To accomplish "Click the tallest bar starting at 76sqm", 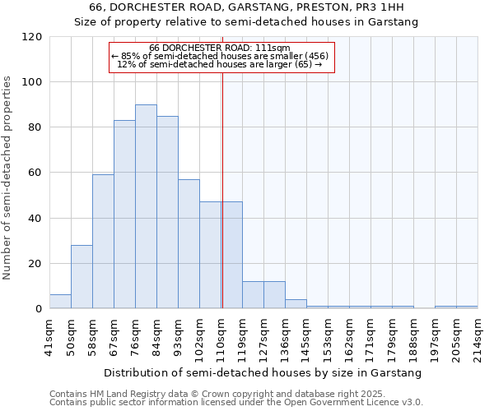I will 146,206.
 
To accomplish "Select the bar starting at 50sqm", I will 82,277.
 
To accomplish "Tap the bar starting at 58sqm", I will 103,242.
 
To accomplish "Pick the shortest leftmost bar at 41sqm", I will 60,302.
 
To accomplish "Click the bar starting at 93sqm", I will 189,244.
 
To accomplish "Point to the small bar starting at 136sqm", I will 296,304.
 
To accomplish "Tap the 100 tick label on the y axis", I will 31,82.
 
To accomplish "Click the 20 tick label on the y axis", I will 35,264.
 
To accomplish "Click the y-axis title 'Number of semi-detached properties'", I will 8,178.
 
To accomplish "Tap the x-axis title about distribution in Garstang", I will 263,372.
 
